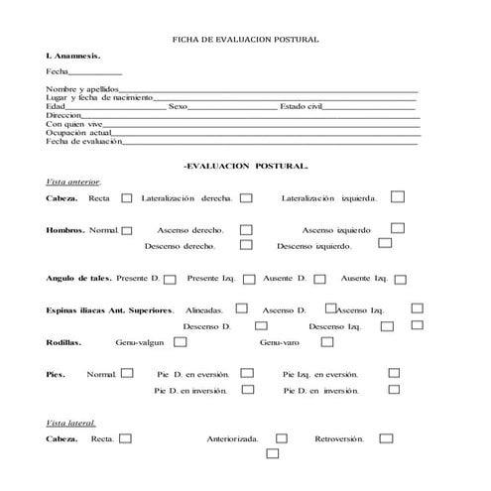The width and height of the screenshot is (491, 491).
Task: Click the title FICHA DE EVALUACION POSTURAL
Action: pos(245,39)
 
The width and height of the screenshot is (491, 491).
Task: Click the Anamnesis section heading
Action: pos(72,57)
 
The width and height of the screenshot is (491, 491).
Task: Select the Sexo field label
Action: pos(179,106)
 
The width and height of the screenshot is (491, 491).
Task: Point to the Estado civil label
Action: pos(303,106)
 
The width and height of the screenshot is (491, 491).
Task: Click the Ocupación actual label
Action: pos(78,132)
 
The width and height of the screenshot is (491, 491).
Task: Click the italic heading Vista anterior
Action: pos(72,182)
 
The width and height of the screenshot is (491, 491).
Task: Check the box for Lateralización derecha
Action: pos(246,198)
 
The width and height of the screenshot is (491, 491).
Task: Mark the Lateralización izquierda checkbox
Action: pos(397,196)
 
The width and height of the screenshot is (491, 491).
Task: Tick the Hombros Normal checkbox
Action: pos(127,230)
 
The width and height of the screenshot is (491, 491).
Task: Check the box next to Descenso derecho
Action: pos(246,244)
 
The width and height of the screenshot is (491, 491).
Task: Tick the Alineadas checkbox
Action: pos(241,308)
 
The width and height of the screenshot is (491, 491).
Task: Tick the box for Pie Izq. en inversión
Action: pos(394,390)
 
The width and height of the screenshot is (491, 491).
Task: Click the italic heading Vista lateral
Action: pos(70,423)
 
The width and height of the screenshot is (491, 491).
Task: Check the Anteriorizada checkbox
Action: pos(282,437)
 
